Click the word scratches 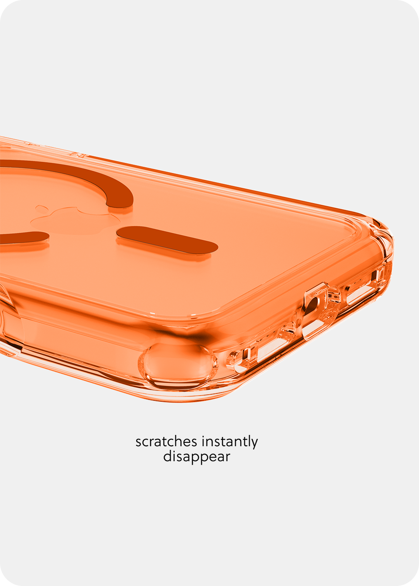[166, 441]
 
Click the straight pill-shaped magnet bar [167, 240]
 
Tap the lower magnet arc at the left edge [24, 237]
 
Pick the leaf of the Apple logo [41, 208]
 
